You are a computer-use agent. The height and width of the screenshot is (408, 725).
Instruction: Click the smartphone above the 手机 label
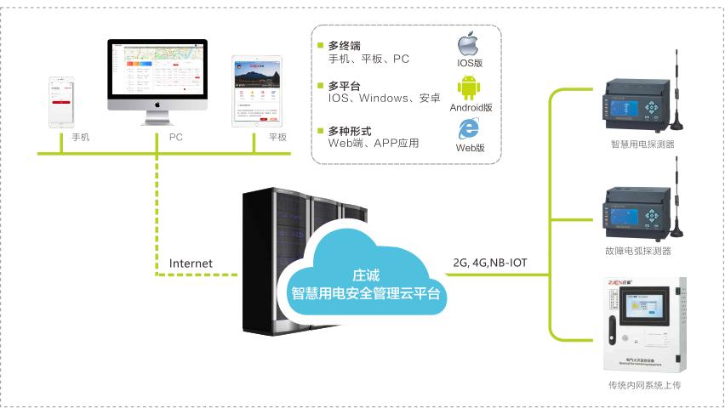(x=61, y=100)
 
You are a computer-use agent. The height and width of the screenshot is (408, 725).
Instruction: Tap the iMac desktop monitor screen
(x=158, y=71)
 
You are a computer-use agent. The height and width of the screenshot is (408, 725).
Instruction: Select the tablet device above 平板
(x=256, y=91)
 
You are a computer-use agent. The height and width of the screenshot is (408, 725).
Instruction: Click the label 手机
(x=80, y=137)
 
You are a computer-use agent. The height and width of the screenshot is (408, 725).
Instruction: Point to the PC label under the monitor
(x=176, y=137)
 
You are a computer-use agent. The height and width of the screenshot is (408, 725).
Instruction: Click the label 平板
(x=277, y=137)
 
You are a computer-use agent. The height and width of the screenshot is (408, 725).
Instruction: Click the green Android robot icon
(x=467, y=88)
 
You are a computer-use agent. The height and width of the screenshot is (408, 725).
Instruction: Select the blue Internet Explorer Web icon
(x=467, y=127)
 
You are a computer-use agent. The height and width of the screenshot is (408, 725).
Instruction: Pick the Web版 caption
(x=471, y=147)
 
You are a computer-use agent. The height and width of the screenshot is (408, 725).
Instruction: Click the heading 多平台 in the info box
(x=344, y=86)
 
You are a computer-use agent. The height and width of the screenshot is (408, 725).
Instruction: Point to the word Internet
(x=191, y=263)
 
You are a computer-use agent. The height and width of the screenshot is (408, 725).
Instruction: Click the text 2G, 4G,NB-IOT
(x=490, y=263)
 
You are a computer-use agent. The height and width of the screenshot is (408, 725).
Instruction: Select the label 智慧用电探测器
(x=642, y=144)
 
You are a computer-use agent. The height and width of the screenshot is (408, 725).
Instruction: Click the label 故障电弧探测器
(x=643, y=251)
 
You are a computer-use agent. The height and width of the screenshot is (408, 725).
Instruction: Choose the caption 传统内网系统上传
(x=644, y=386)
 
